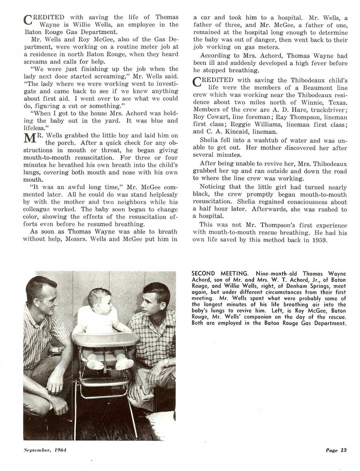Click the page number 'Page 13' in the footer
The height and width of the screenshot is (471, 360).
click(336, 450)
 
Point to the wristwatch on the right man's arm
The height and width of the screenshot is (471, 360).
click(166, 361)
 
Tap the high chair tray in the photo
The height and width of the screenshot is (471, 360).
click(106, 338)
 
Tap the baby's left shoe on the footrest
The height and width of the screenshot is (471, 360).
click(124, 363)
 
